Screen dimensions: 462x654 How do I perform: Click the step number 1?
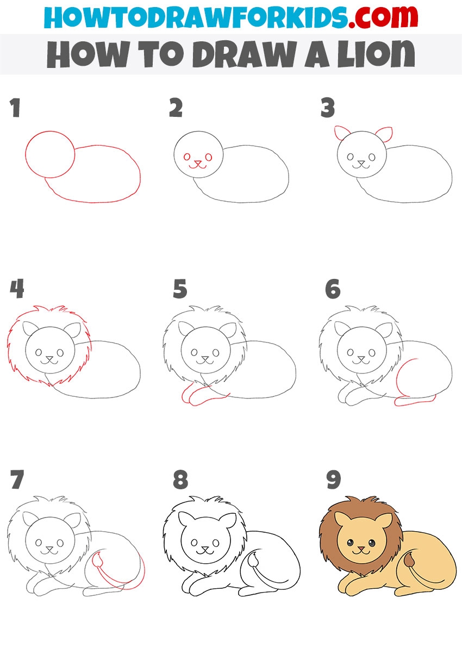15,108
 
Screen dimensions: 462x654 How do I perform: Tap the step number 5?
180,289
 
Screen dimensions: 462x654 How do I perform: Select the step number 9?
334,479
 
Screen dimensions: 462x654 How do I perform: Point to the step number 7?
17,479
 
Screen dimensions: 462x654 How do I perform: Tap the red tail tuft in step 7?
97,559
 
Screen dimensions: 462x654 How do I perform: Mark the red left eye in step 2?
187,157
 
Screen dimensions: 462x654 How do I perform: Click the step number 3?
327,108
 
